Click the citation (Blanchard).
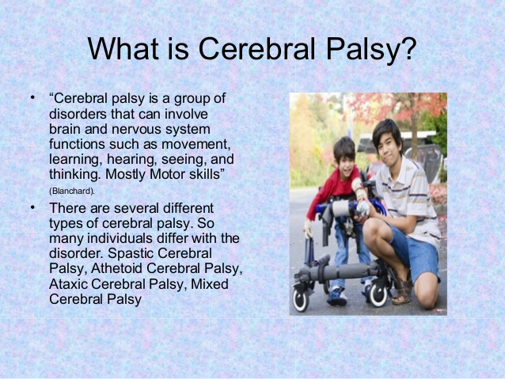[72, 190]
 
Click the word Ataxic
[70, 284]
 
